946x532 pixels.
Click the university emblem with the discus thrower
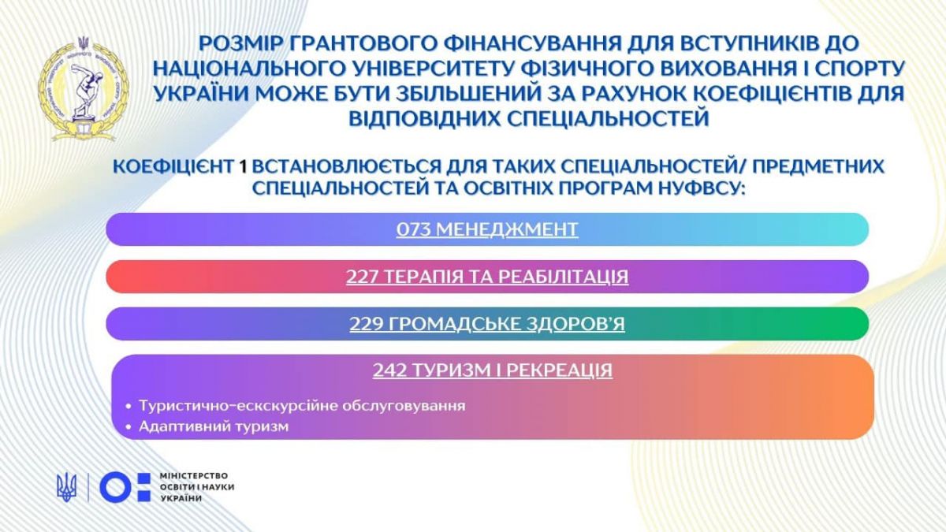pos(84,89)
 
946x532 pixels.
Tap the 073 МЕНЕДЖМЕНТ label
pos(487,229)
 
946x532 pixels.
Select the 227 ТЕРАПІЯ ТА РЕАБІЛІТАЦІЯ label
pos(487,277)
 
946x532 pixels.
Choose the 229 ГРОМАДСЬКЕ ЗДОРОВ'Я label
pos(487,324)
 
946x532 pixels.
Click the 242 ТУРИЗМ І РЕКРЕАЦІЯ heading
pos(493,370)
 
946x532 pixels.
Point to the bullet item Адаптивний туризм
pos(214,426)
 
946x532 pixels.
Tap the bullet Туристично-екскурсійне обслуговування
pos(302,406)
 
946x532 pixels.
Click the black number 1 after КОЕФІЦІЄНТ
pos(243,167)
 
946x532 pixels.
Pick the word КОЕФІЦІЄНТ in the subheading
pos(173,167)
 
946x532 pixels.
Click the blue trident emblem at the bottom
pos(67,487)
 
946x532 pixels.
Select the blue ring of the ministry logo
pos(116,487)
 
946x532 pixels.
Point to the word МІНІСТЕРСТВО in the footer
pos(194,476)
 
